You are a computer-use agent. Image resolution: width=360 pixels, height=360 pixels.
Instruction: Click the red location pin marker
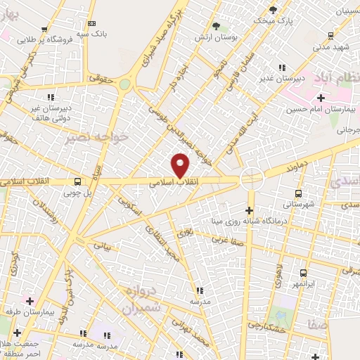click(x=181, y=165)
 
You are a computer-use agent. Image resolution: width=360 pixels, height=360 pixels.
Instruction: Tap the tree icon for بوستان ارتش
click(x=216, y=26)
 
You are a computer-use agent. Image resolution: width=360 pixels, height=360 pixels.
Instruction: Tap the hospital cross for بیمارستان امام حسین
click(x=321, y=98)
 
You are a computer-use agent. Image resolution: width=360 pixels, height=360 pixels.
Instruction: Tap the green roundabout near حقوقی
click(x=124, y=84)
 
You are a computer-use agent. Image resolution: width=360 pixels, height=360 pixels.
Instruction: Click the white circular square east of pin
click(x=250, y=179)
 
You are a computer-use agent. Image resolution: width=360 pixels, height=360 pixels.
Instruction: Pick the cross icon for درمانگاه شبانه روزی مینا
click(x=249, y=210)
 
